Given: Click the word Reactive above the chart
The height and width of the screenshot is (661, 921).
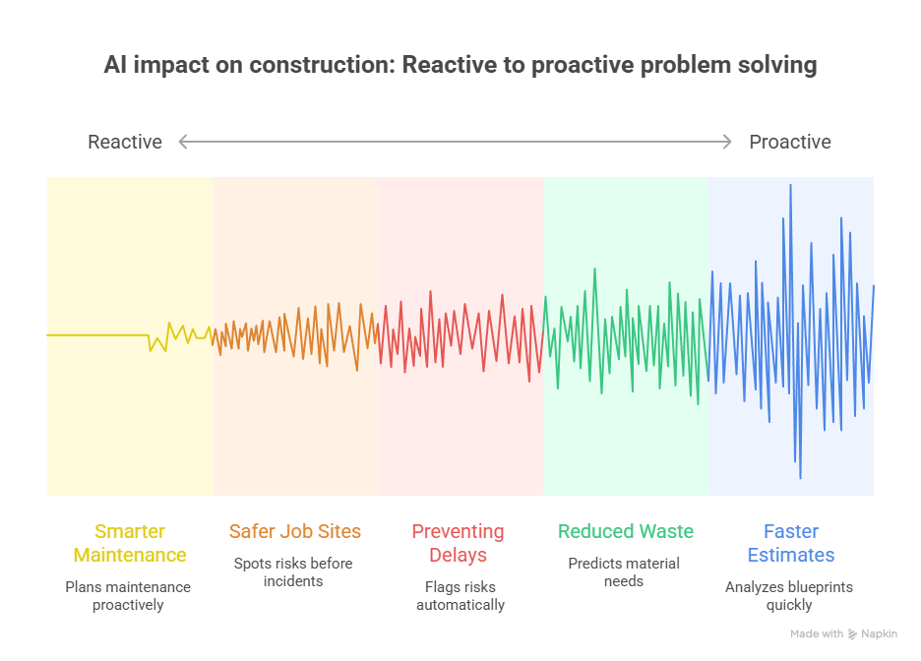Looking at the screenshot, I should point(125,142).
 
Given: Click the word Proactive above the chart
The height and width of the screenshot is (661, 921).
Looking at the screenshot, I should point(790,142).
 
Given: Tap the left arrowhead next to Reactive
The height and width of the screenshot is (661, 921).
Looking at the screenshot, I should point(183,142).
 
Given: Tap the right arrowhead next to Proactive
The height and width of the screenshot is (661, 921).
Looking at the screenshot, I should point(728,142).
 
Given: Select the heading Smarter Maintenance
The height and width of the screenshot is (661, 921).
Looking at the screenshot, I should point(130,543).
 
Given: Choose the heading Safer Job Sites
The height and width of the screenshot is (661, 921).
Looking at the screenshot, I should point(295,531).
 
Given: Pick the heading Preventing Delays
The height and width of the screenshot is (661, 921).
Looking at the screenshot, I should point(458,543).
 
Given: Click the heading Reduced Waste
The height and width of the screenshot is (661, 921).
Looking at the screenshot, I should point(625,531).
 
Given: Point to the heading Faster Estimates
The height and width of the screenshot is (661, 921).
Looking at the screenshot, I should point(790,543).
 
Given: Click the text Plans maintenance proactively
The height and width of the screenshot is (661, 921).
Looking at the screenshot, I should point(128,596).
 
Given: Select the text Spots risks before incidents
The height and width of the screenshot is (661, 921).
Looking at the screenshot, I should point(293,572).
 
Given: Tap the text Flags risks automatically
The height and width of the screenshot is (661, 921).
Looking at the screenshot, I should point(460,596).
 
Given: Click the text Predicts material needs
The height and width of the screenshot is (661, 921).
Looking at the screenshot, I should point(624,572).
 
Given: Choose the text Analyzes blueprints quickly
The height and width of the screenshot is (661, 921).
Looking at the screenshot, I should point(789,596).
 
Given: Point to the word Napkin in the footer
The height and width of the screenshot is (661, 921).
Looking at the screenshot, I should point(880,634).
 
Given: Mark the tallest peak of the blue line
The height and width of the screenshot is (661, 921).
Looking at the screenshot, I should point(790,185).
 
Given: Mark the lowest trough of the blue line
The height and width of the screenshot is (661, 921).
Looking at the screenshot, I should point(800,478).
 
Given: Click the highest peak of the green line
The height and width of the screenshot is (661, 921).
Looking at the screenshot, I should point(594,269).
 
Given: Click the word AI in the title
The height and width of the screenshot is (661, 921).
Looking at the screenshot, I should point(115,65).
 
